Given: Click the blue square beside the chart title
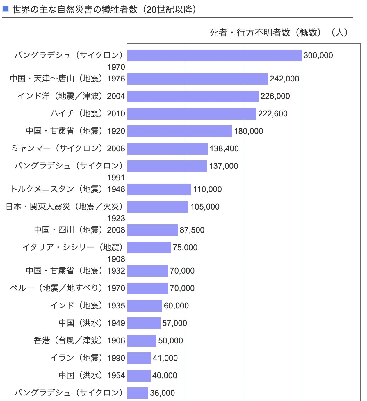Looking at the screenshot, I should click(x=6, y=9).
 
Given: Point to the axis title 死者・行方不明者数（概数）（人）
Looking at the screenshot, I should click(x=279, y=32).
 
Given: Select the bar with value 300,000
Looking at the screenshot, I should click(x=214, y=56).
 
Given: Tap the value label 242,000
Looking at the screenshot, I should click(x=284, y=79).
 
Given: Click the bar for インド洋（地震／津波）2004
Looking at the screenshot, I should click(x=193, y=96).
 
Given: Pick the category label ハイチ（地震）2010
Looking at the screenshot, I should click(x=88, y=113).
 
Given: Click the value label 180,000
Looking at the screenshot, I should click(x=248, y=131).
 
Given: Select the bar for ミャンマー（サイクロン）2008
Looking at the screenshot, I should click(x=167, y=149).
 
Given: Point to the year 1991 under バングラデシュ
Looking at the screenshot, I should click(x=116, y=178).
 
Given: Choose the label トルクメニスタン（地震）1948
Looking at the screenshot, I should click(x=67, y=189).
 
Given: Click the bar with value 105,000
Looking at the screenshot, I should click(x=158, y=207).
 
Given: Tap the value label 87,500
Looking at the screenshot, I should click(x=192, y=230).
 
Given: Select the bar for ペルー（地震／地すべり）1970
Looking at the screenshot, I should click(x=147, y=288).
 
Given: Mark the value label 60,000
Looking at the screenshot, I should click(x=176, y=306).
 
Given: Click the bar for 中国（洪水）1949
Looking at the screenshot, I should click(x=144, y=323).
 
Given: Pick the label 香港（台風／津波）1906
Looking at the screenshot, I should click(x=79, y=340).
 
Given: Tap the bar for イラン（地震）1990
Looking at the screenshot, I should click(x=139, y=358).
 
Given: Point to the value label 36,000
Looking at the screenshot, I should click(x=162, y=393).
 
